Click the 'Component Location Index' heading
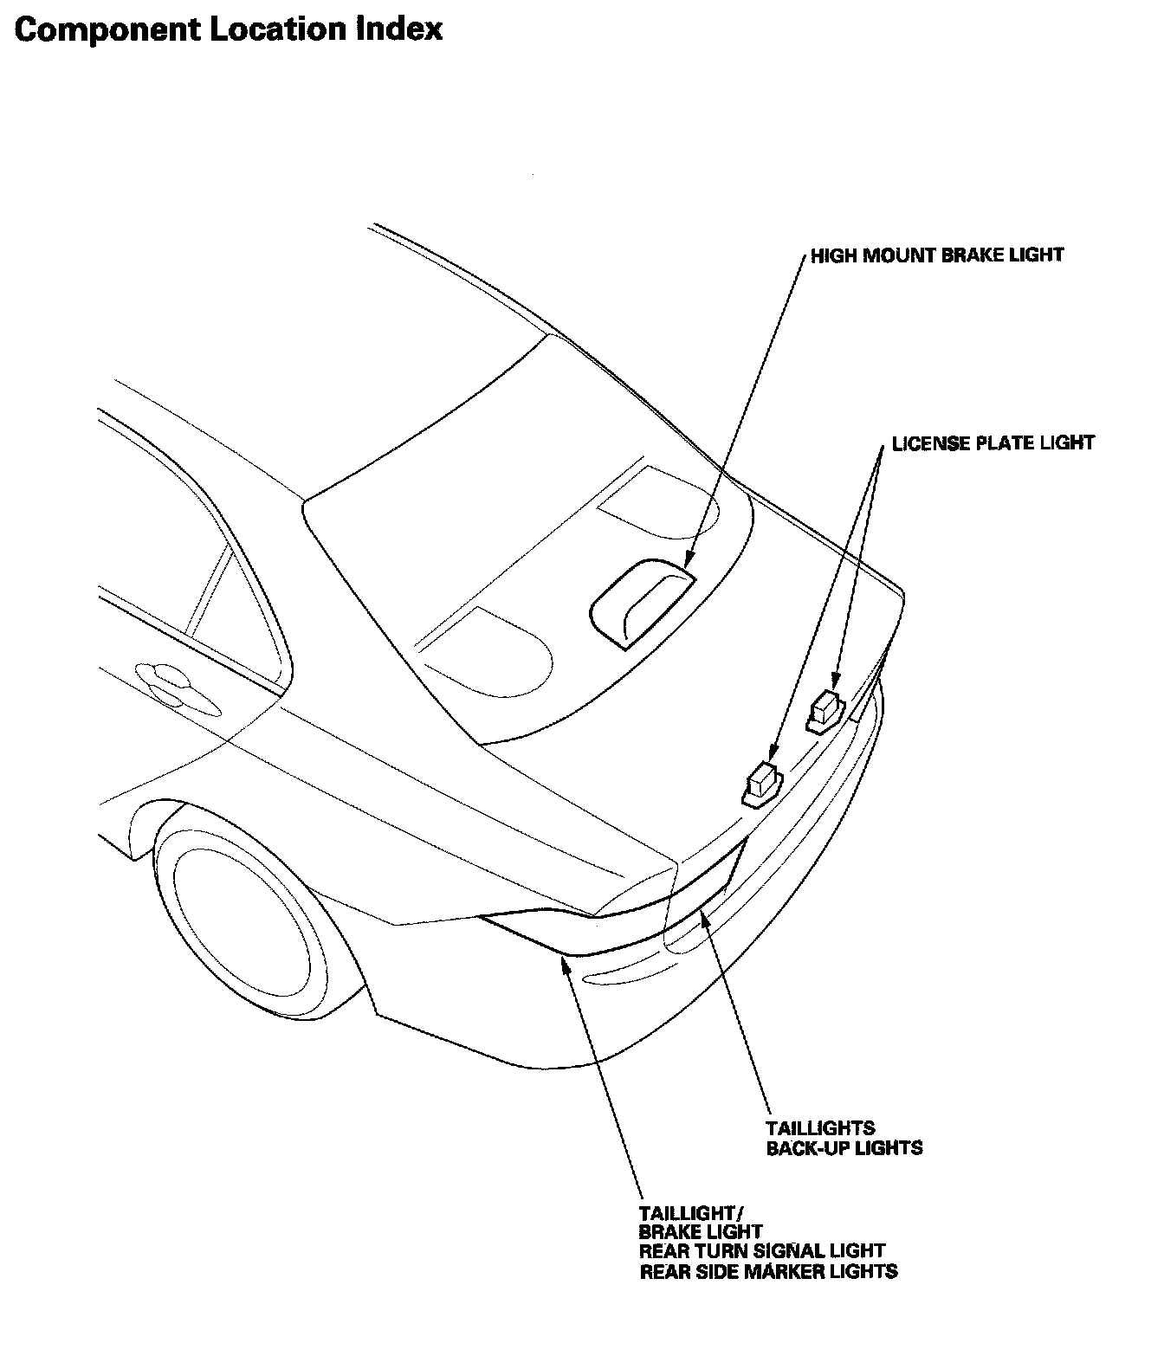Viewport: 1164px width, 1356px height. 229,29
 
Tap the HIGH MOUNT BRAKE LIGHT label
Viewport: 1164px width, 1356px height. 936,255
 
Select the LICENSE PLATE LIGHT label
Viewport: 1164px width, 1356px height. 993,443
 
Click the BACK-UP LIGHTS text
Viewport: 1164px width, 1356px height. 844,1148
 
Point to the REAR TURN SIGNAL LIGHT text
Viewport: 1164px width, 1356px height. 762,1251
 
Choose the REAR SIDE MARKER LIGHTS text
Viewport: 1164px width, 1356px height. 768,1271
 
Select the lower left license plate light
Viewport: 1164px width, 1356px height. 760,782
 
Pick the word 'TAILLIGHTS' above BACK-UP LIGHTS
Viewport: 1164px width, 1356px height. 820,1128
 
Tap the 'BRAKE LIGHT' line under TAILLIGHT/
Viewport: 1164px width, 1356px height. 701,1231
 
